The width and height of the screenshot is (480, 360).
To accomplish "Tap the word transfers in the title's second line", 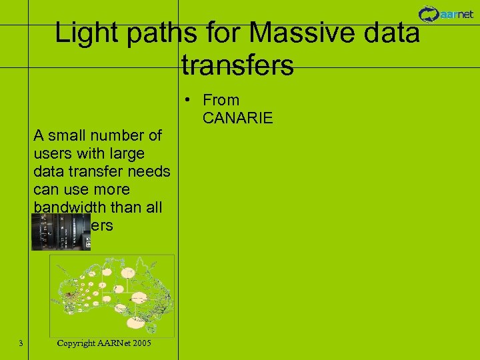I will (237, 65).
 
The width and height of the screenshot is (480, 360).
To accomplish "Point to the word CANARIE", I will (237, 118).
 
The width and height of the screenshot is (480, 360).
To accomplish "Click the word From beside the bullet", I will (221, 100).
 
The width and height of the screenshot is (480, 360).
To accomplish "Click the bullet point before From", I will (190, 100).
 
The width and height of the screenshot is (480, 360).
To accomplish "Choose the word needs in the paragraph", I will (150, 172).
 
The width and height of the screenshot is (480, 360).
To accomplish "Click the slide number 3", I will (21, 343).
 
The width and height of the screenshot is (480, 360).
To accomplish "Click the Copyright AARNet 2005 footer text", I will (104, 343).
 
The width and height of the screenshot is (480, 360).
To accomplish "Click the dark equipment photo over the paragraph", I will (61, 231).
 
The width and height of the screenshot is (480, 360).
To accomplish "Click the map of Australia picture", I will (112, 293).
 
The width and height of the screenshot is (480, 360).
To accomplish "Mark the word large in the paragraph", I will (126, 154).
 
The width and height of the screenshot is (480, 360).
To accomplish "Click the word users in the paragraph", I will (51, 154).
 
